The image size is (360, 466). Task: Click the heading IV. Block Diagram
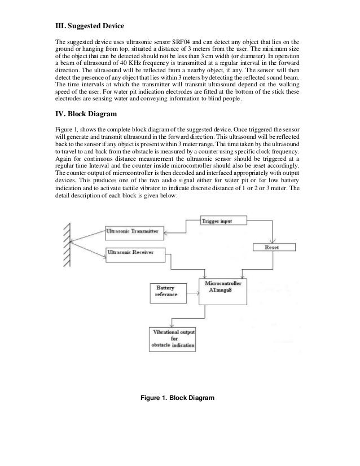[85, 115]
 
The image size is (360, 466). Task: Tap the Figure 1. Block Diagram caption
[178, 399]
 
